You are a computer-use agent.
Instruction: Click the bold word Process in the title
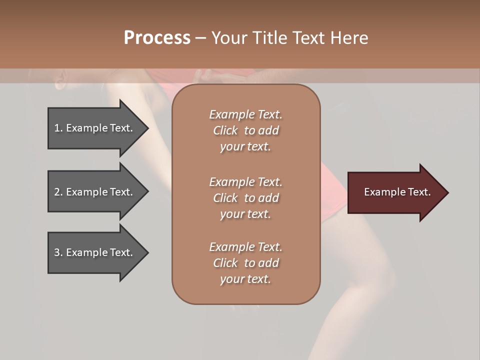(157, 38)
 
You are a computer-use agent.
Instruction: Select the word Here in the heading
(349, 38)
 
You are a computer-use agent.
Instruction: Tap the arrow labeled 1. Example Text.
(95, 128)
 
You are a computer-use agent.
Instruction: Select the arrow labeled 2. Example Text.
(95, 192)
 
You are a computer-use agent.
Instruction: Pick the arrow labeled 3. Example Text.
(95, 252)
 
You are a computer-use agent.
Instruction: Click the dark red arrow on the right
(395, 192)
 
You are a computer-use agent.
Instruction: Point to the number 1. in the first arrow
(58, 128)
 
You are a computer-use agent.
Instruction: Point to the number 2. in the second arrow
(58, 192)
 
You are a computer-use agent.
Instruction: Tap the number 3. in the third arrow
(58, 252)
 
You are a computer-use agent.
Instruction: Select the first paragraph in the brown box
(245, 130)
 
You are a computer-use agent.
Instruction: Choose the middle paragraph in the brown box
(245, 197)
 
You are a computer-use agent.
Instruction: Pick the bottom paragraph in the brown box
(245, 263)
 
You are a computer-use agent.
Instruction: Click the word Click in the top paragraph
(225, 130)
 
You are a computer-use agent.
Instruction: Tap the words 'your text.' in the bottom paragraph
(245, 279)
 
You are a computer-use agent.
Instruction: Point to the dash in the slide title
(200, 38)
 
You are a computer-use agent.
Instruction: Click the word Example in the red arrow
(382, 192)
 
